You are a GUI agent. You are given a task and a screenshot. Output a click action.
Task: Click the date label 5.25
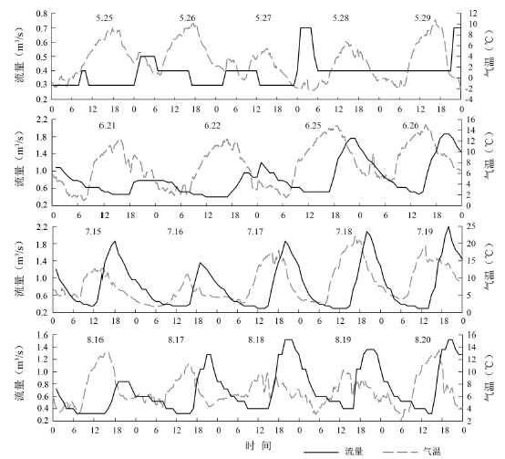pos(104,18)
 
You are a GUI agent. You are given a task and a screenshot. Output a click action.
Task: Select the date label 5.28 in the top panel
pos(341,18)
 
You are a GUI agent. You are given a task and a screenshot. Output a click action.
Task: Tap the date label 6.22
pos(212,125)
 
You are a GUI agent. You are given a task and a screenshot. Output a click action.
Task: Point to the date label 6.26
pos(410,125)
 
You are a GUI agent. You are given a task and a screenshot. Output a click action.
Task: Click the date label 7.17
pos(255,232)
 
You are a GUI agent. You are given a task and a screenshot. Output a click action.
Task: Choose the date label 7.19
pos(425,232)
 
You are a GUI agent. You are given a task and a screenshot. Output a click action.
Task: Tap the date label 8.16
pos(96,339)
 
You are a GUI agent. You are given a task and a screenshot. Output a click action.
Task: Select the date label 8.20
pos(422,339)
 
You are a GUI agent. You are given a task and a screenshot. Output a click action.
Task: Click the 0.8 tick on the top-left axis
pos(42,14)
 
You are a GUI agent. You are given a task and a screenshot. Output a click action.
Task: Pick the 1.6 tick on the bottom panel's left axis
pos(42,335)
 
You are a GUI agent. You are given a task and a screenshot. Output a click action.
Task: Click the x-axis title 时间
pos(258,445)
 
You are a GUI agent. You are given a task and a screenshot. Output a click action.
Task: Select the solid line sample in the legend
pos(321,452)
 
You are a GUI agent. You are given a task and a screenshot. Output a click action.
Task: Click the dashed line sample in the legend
pos(400,452)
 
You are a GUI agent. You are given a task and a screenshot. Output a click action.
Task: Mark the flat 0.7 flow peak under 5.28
pos(305,28)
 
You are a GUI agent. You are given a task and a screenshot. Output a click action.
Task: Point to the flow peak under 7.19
pos(448,227)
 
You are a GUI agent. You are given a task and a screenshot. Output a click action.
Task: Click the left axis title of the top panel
pos(20,56)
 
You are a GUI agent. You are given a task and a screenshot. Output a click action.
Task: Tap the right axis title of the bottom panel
pos(489,377)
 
